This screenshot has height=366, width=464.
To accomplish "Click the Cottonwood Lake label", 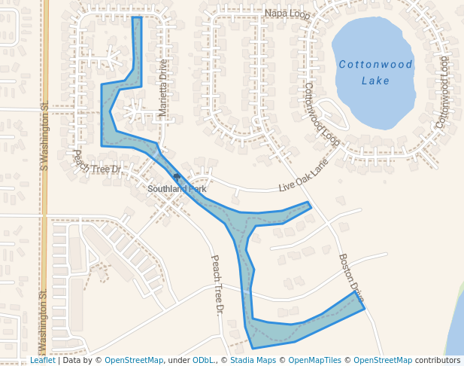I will (x=375, y=72).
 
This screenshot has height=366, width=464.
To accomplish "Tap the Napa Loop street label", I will (x=287, y=14).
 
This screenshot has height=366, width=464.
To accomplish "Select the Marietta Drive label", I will (x=162, y=88).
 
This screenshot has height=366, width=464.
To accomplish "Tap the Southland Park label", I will (x=177, y=189).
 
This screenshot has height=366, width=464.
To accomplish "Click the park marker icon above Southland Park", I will (x=177, y=178).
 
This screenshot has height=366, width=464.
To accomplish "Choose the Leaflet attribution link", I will (x=43, y=360).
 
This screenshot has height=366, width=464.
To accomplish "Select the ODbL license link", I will (x=202, y=360).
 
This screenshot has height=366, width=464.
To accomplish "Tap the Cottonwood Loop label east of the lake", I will (x=442, y=91).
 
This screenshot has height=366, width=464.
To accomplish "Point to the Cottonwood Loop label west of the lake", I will (x=320, y=114).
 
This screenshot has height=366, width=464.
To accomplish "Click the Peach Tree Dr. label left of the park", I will (x=97, y=163).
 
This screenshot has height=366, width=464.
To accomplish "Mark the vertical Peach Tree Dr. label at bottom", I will (x=217, y=284).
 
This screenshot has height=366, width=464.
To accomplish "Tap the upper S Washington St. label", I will (x=44, y=136).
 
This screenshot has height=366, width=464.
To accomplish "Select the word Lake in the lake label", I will (x=375, y=81).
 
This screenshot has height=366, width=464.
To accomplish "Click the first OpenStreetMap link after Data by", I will (x=134, y=360).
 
